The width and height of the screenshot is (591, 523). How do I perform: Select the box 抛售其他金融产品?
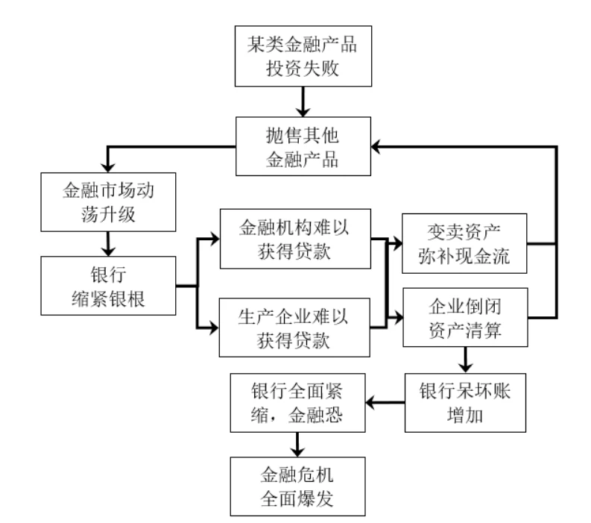click(302, 148)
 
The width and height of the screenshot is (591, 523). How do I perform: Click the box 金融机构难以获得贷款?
click(296, 240)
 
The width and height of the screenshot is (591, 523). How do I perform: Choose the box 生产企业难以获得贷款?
click(296, 327)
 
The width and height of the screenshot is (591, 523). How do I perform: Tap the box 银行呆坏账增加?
click(465, 404)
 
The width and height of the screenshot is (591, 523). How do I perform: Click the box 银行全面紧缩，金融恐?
click(297, 404)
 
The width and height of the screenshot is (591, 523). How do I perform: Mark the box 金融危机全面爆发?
click(297, 486)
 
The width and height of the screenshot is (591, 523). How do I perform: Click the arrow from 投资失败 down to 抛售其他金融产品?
click(302, 100)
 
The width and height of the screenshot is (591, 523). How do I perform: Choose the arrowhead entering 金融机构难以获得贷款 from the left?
click(214, 240)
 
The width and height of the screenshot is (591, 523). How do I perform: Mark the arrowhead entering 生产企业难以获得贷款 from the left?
click(214, 327)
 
